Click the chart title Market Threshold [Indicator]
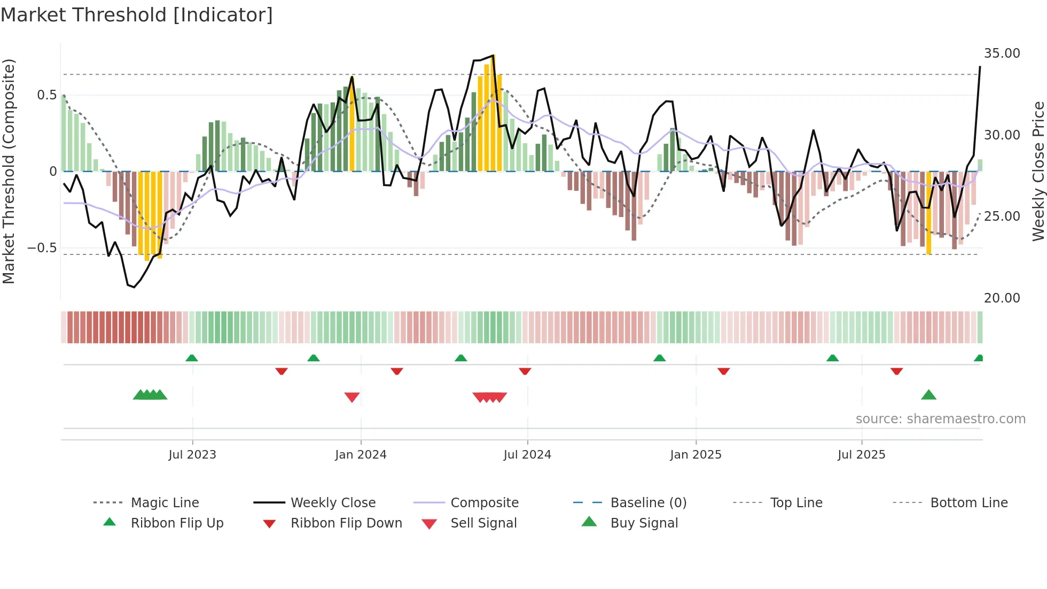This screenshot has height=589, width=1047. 137,15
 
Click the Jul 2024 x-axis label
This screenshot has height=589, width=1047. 527,454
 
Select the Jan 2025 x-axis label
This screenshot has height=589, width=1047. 696,454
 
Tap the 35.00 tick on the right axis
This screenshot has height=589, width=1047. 1002,53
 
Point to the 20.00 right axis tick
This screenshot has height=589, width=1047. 1002,298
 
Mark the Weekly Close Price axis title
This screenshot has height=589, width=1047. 1038,171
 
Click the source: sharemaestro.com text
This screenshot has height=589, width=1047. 940,418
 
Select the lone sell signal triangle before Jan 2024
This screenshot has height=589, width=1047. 351,397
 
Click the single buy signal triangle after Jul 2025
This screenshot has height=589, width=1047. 928,395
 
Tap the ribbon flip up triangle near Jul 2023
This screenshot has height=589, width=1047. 192,358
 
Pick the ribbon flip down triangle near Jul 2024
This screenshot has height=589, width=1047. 525,371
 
